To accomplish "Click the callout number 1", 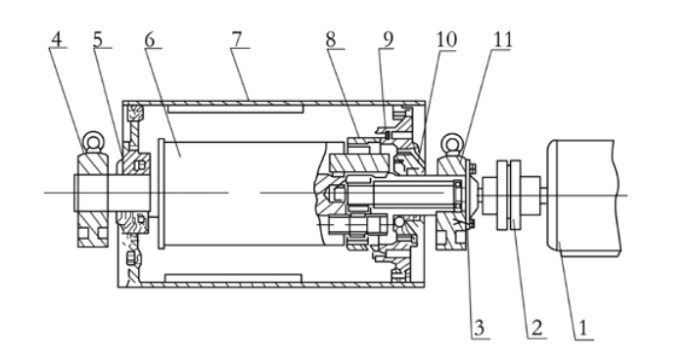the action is [582, 329].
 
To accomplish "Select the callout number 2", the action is [536, 329].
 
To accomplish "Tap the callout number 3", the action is [479, 328].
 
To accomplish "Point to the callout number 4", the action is [56, 39].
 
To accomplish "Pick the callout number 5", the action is [98, 39].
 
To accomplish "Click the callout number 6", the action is [150, 40].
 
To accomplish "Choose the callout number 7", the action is [237, 39].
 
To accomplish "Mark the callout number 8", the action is [331, 40].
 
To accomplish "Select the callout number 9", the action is [388, 40].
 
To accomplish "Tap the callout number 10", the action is [446, 40].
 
